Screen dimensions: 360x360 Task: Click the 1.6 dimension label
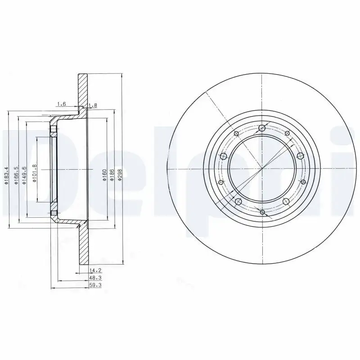pyautogui.click(x=62, y=104)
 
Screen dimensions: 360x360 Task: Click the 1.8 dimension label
pyautogui.click(x=93, y=106)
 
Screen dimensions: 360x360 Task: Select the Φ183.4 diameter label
pyautogui.click(x=6, y=175)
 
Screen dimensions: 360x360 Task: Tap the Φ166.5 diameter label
pyautogui.click(x=16, y=175)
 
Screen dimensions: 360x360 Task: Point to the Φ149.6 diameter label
pyautogui.click(x=24, y=175)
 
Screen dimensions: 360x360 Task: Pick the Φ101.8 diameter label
pyautogui.click(x=35, y=173)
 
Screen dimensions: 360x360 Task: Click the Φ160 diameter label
pyautogui.click(x=104, y=175)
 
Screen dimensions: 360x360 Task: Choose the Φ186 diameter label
pyautogui.click(x=112, y=175)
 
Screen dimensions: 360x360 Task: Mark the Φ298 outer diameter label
pyautogui.click(x=120, y=175)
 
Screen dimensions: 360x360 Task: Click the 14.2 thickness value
pyautogui.click(x=95, y=271)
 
